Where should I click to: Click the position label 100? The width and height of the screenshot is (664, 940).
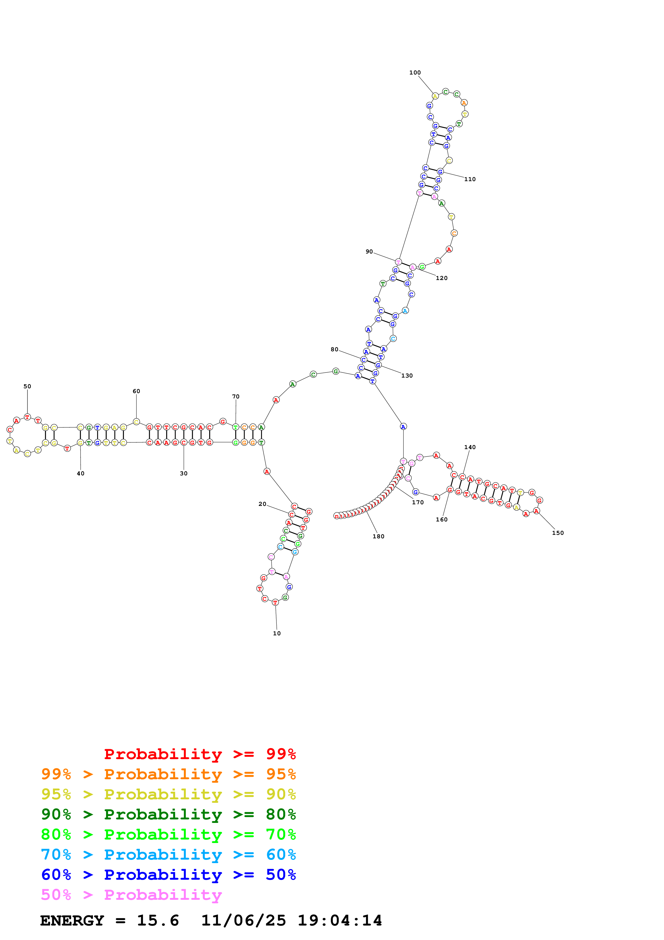coord(415,72)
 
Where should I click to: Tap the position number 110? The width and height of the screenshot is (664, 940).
coord(470,179)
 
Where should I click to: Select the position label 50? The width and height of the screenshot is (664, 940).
coord(27,386)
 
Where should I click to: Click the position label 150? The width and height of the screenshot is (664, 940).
coord(558,533)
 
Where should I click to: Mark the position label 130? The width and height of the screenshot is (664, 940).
coord(407,375)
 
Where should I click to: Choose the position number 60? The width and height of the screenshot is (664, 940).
coord(136,391)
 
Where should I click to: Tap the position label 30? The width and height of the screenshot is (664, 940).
coord(184,473)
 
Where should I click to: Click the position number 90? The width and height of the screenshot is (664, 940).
coord(369,251)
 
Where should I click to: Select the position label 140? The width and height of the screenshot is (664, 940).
coord(470,447)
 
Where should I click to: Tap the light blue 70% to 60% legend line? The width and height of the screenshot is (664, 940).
coord(168,855)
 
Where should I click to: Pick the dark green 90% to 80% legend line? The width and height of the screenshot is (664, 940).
coord(168,814)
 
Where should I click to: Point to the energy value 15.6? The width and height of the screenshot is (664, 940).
coord(158,921)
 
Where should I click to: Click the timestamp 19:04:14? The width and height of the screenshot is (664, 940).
coord(340,921)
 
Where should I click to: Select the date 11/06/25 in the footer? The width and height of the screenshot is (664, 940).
coord(243,921)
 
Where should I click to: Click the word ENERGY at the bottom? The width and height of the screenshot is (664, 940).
coord(72,921)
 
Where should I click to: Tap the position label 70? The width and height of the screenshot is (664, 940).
coord(236,396)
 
